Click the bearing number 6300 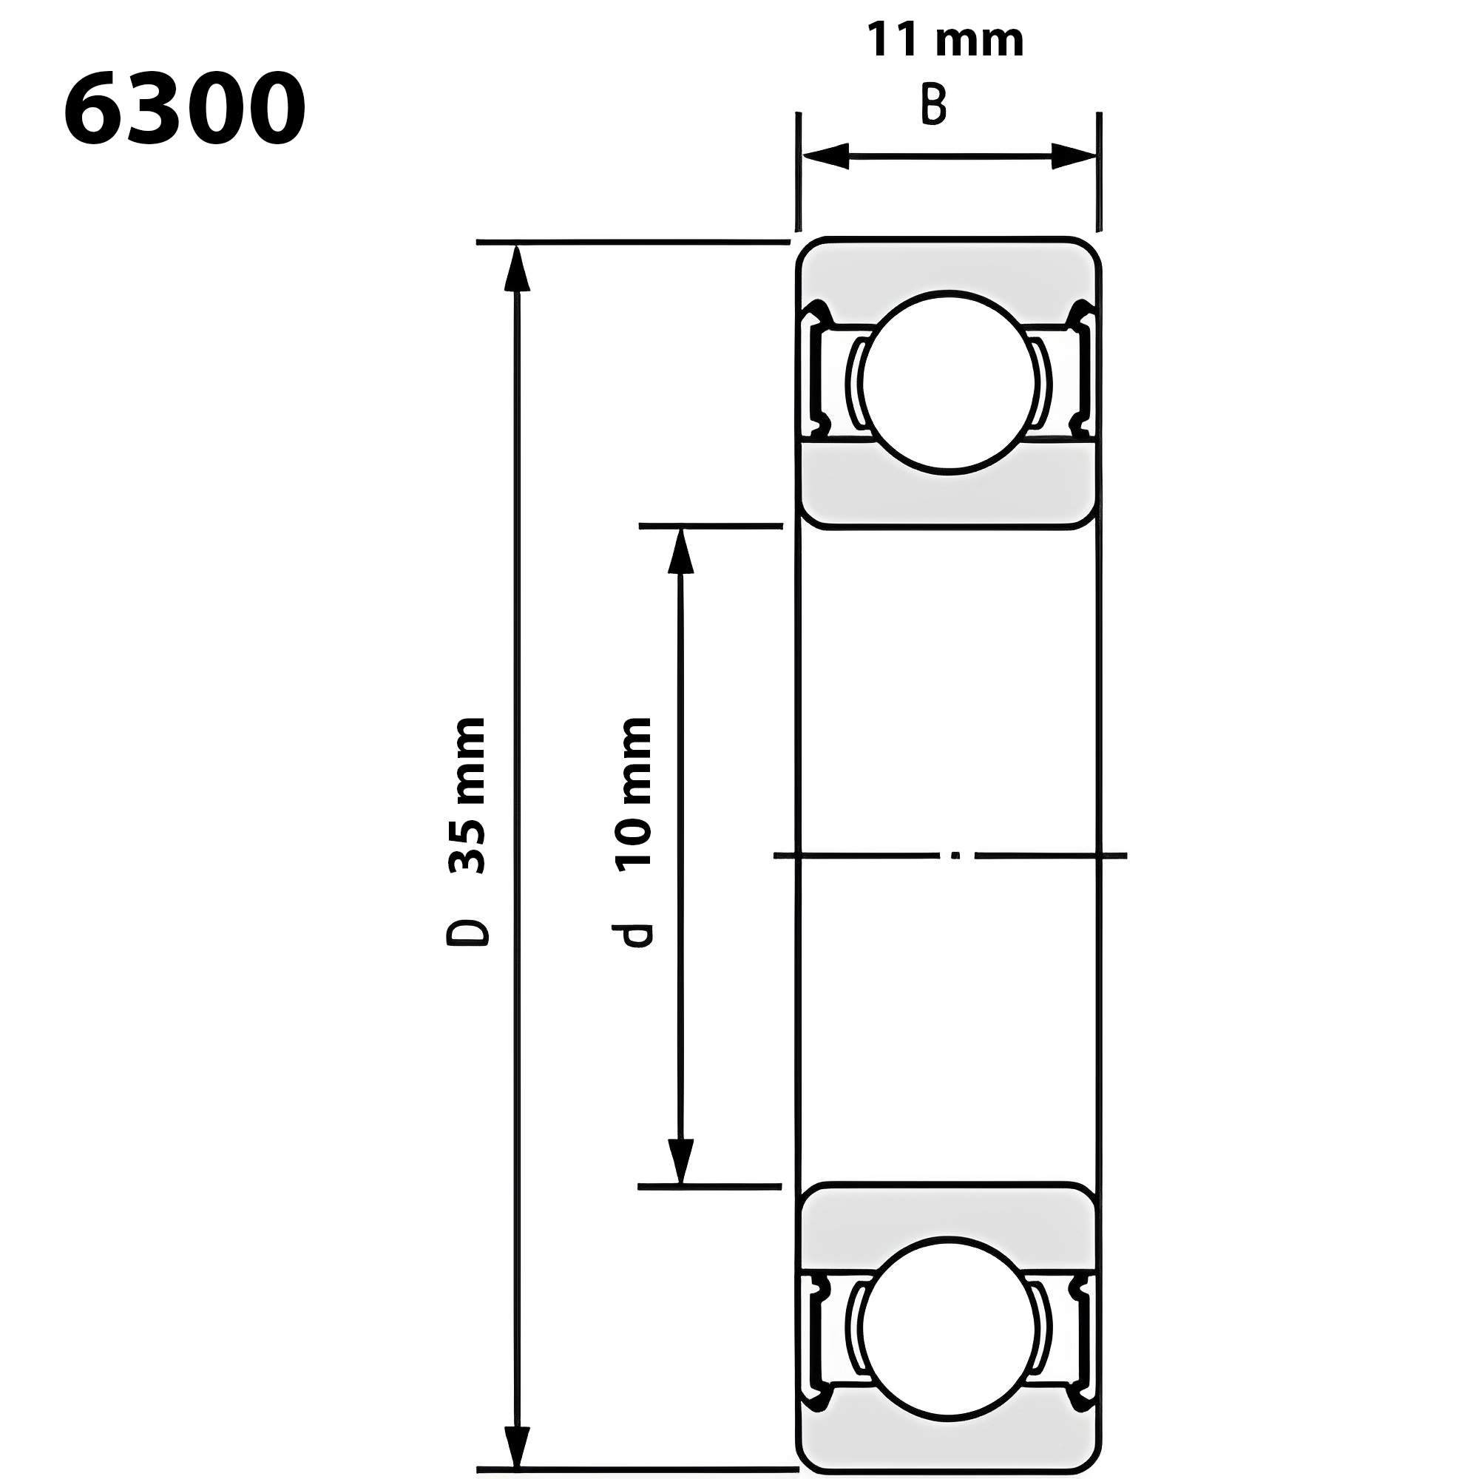(x=184, y=109)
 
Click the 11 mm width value (x=945, y=40)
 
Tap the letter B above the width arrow (x=934, y=105)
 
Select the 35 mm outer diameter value (x=466, y=796)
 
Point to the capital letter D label (x=467, y=933)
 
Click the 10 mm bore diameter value (x=633, y=791)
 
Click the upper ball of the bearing (x=949, y=382)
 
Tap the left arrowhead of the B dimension (x=825, y=156)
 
